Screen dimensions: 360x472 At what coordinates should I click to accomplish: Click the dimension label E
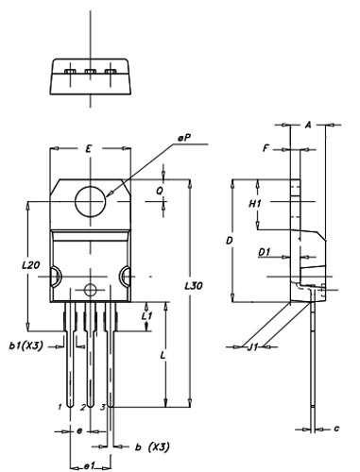click(x=89, y=149)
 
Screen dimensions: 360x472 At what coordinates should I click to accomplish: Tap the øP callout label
click(x=184, y=138)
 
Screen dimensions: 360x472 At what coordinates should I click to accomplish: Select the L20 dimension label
click(x=31, y=265)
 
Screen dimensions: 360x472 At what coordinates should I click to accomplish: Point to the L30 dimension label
click(x=194, y=286)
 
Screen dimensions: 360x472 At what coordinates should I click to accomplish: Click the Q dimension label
click(x=160, y=191)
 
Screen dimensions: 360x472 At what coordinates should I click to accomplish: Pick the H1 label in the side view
click(x=255, y=204)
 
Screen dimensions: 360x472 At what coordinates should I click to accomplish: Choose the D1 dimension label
click(x=265, y=252)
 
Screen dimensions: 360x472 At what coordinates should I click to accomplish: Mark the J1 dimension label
click(x=252, y=346)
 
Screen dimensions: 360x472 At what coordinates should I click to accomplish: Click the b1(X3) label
click(x=26, y=346)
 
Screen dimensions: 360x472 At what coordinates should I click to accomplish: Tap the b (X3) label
click(x=152, y=447)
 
